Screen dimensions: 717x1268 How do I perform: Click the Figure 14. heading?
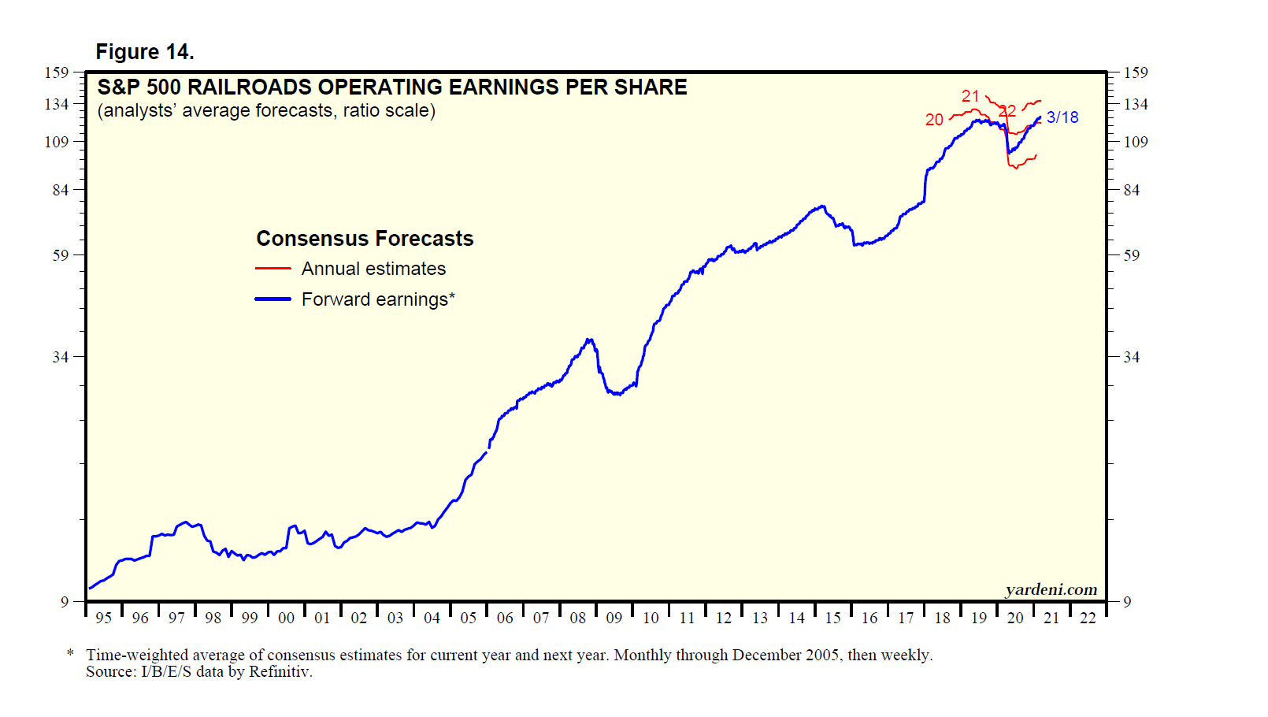pos(145,52)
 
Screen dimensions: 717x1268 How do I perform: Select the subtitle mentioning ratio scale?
pos(266,110)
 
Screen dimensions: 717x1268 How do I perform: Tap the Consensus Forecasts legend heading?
pos(365,239)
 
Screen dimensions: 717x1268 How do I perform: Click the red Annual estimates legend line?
pos(273,269)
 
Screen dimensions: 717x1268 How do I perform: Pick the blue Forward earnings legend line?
pos(273,299)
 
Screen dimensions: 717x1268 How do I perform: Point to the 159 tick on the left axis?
pos(57,72)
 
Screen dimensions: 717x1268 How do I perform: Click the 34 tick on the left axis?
pos(61,357)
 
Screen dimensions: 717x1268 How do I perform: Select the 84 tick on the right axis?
pos(1131,190)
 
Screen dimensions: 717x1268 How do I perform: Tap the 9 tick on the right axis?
pos(1127,602)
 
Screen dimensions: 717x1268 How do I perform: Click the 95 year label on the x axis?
pos(103,619)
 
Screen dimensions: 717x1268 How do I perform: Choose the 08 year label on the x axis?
pos(578,619)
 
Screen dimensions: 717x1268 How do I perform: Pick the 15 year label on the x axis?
pos(833,619)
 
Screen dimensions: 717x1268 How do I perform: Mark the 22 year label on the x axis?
pos(1088,619)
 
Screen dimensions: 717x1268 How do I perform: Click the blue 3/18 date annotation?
pos(1062,117)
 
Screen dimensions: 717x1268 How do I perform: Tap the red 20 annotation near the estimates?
pos(934,120)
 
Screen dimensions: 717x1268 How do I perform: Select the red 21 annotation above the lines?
pos(970,96)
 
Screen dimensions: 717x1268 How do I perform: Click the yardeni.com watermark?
pos(1051,589)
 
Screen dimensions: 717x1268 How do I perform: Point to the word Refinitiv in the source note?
pos(280,672)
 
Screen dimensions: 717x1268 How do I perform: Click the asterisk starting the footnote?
pos(71,654)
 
